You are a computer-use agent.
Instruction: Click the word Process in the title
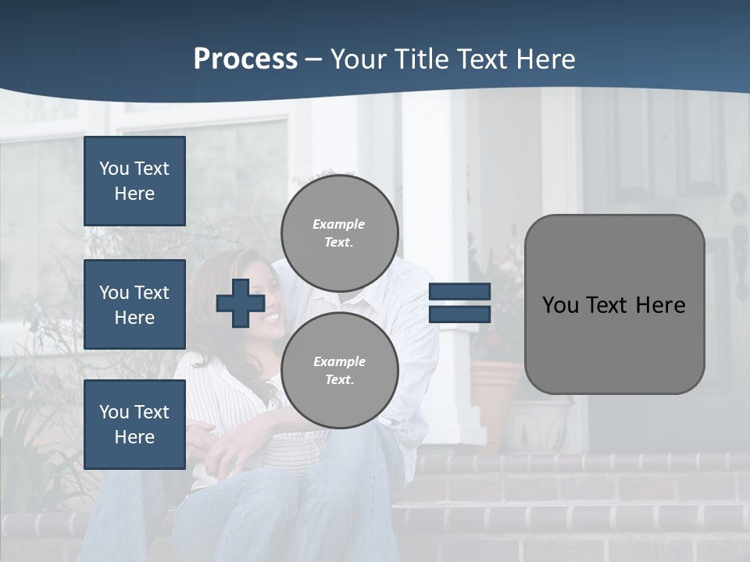(245, 59)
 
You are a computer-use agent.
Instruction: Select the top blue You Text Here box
(134, 181)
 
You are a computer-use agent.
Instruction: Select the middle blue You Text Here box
(134, 304)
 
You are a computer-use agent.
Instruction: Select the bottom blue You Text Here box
(134, 425)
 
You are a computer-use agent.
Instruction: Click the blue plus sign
(241, 303)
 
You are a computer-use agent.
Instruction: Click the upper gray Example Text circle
(340, 233)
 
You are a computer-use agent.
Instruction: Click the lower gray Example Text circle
(340, 370)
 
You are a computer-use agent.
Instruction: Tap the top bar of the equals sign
(459, 291)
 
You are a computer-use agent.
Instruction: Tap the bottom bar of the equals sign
(459, 314)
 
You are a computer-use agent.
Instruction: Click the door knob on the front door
(737, 205)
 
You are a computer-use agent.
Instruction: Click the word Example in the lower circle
(339, 361)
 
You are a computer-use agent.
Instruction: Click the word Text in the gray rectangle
(614, 305)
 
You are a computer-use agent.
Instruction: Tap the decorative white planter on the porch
(538, 425)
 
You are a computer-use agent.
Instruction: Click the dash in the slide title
(313, 59)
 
